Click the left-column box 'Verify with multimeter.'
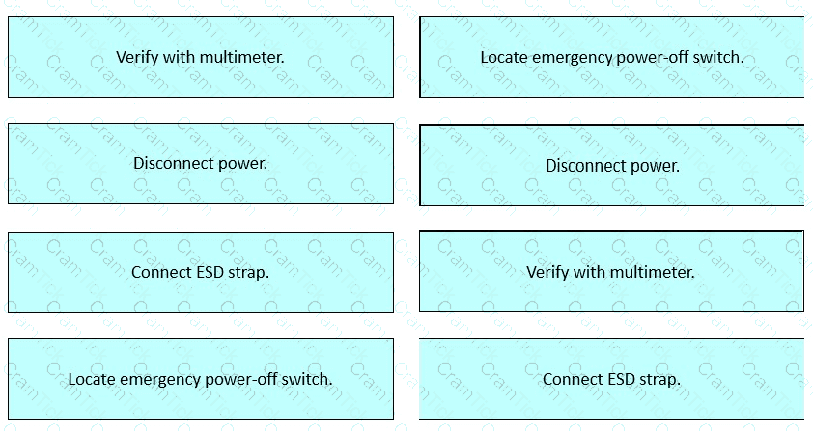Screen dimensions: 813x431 pyautogui.click(x=201, y=57)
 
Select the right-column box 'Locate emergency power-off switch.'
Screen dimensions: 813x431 pyautogui.click(x=612, y=57)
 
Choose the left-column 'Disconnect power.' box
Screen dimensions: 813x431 pyautogui.click(x=201, y=164)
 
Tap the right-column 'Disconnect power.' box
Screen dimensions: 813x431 pyautogui.click(x=612, y=166)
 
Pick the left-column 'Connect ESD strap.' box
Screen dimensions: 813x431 pyautogui.click(x=201, y=273)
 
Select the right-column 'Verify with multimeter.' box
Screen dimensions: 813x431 pyautogui.click(x=612, y=272)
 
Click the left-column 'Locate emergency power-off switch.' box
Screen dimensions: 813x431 pyautogui.click(x=201, y=379)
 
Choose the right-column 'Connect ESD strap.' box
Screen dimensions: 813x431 pyautogui.click(x=612, y=379)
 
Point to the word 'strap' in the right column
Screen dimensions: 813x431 pyautogui.click(x=661, y=380)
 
